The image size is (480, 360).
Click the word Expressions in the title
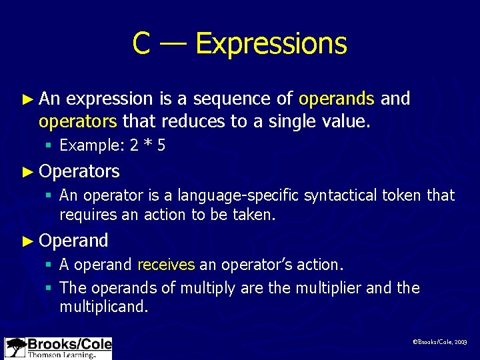point(271,43)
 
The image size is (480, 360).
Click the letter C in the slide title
point(141,43)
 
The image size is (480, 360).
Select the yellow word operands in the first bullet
point(337,99)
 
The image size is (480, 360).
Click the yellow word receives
point(166,265)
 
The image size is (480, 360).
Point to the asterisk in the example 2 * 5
point(148,146)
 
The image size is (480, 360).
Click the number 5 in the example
point(161,146)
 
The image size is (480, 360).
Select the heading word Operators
point(79,171)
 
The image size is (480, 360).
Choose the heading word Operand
point(73,240)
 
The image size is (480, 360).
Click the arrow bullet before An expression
point(27,99)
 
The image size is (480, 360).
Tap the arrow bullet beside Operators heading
point(27,171)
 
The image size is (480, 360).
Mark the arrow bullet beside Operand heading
point(27,240)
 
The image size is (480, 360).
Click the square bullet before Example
point(49,146)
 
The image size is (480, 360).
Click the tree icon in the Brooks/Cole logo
point(15,347)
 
